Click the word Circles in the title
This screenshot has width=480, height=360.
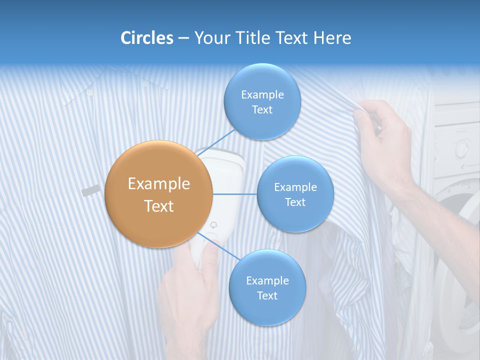point(146,38)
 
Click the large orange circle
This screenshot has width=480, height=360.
point(159,194)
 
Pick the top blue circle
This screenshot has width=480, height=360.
point(262,102)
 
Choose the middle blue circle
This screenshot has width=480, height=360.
point(295,194)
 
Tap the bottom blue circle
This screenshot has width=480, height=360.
point(267,287)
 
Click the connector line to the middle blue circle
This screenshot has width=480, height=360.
point(235,194)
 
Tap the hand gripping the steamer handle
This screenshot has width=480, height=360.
point(190,295)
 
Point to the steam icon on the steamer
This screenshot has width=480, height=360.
point(214,225)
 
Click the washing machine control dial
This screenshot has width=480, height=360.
point(461,149)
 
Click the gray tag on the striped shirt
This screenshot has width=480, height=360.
point(90,190)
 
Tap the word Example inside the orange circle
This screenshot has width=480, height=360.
point(159,184)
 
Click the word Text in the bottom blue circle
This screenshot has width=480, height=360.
point(267,295)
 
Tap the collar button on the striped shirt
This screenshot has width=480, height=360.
point(90,92)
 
